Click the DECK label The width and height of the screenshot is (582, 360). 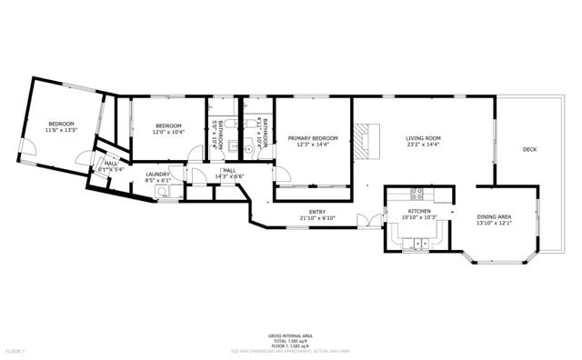coord(529,149)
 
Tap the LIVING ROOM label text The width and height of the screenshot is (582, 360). coord(424,138)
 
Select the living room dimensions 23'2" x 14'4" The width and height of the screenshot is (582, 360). coord(424,145)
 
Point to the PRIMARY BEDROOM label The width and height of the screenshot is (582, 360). coord(313,138)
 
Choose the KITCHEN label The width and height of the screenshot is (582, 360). coord(418,210)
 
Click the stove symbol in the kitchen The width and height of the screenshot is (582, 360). coord(417,193)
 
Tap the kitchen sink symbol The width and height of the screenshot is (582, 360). coord(421,243)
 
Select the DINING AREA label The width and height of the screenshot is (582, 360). coord(494,216)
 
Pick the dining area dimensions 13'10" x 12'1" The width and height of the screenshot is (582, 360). coord(494,224)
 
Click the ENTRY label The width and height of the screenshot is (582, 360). coord(317,212)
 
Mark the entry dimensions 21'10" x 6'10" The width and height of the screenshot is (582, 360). coord(317,218)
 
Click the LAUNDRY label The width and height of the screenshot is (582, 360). coord(158,175)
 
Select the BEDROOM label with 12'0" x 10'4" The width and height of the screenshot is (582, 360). coord(169,125)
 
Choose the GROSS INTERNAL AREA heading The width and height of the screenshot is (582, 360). coord(291,335)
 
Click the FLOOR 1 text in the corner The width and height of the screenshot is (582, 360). coord(15,350)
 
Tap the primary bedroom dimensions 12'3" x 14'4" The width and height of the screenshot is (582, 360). coord(313,145)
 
